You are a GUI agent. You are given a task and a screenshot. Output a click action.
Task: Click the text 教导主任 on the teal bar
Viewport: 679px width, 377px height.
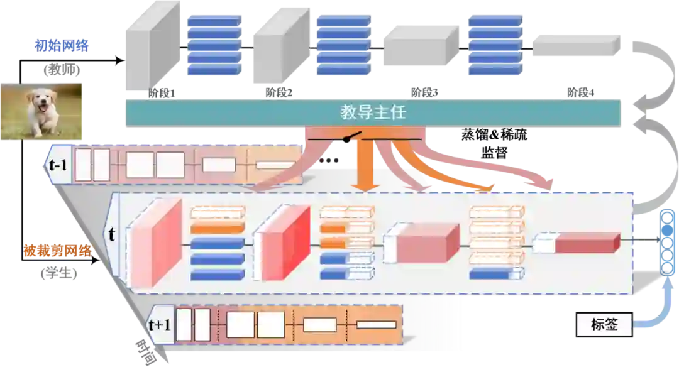[373, 113]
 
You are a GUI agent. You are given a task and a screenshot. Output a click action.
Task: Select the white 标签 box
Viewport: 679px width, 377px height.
[604, 325]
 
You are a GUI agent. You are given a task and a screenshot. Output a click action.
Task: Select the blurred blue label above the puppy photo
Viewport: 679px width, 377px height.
[62, 45]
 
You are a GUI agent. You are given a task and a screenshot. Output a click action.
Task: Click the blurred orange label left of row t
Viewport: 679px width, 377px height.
[58, 250]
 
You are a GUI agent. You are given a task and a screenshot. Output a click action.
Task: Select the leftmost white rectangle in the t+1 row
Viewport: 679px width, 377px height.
[183, 325]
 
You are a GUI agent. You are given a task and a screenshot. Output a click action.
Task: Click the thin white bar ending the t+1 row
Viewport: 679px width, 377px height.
[376, 325]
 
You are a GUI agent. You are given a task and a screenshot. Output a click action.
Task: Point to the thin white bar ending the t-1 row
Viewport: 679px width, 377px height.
[275, 165]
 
